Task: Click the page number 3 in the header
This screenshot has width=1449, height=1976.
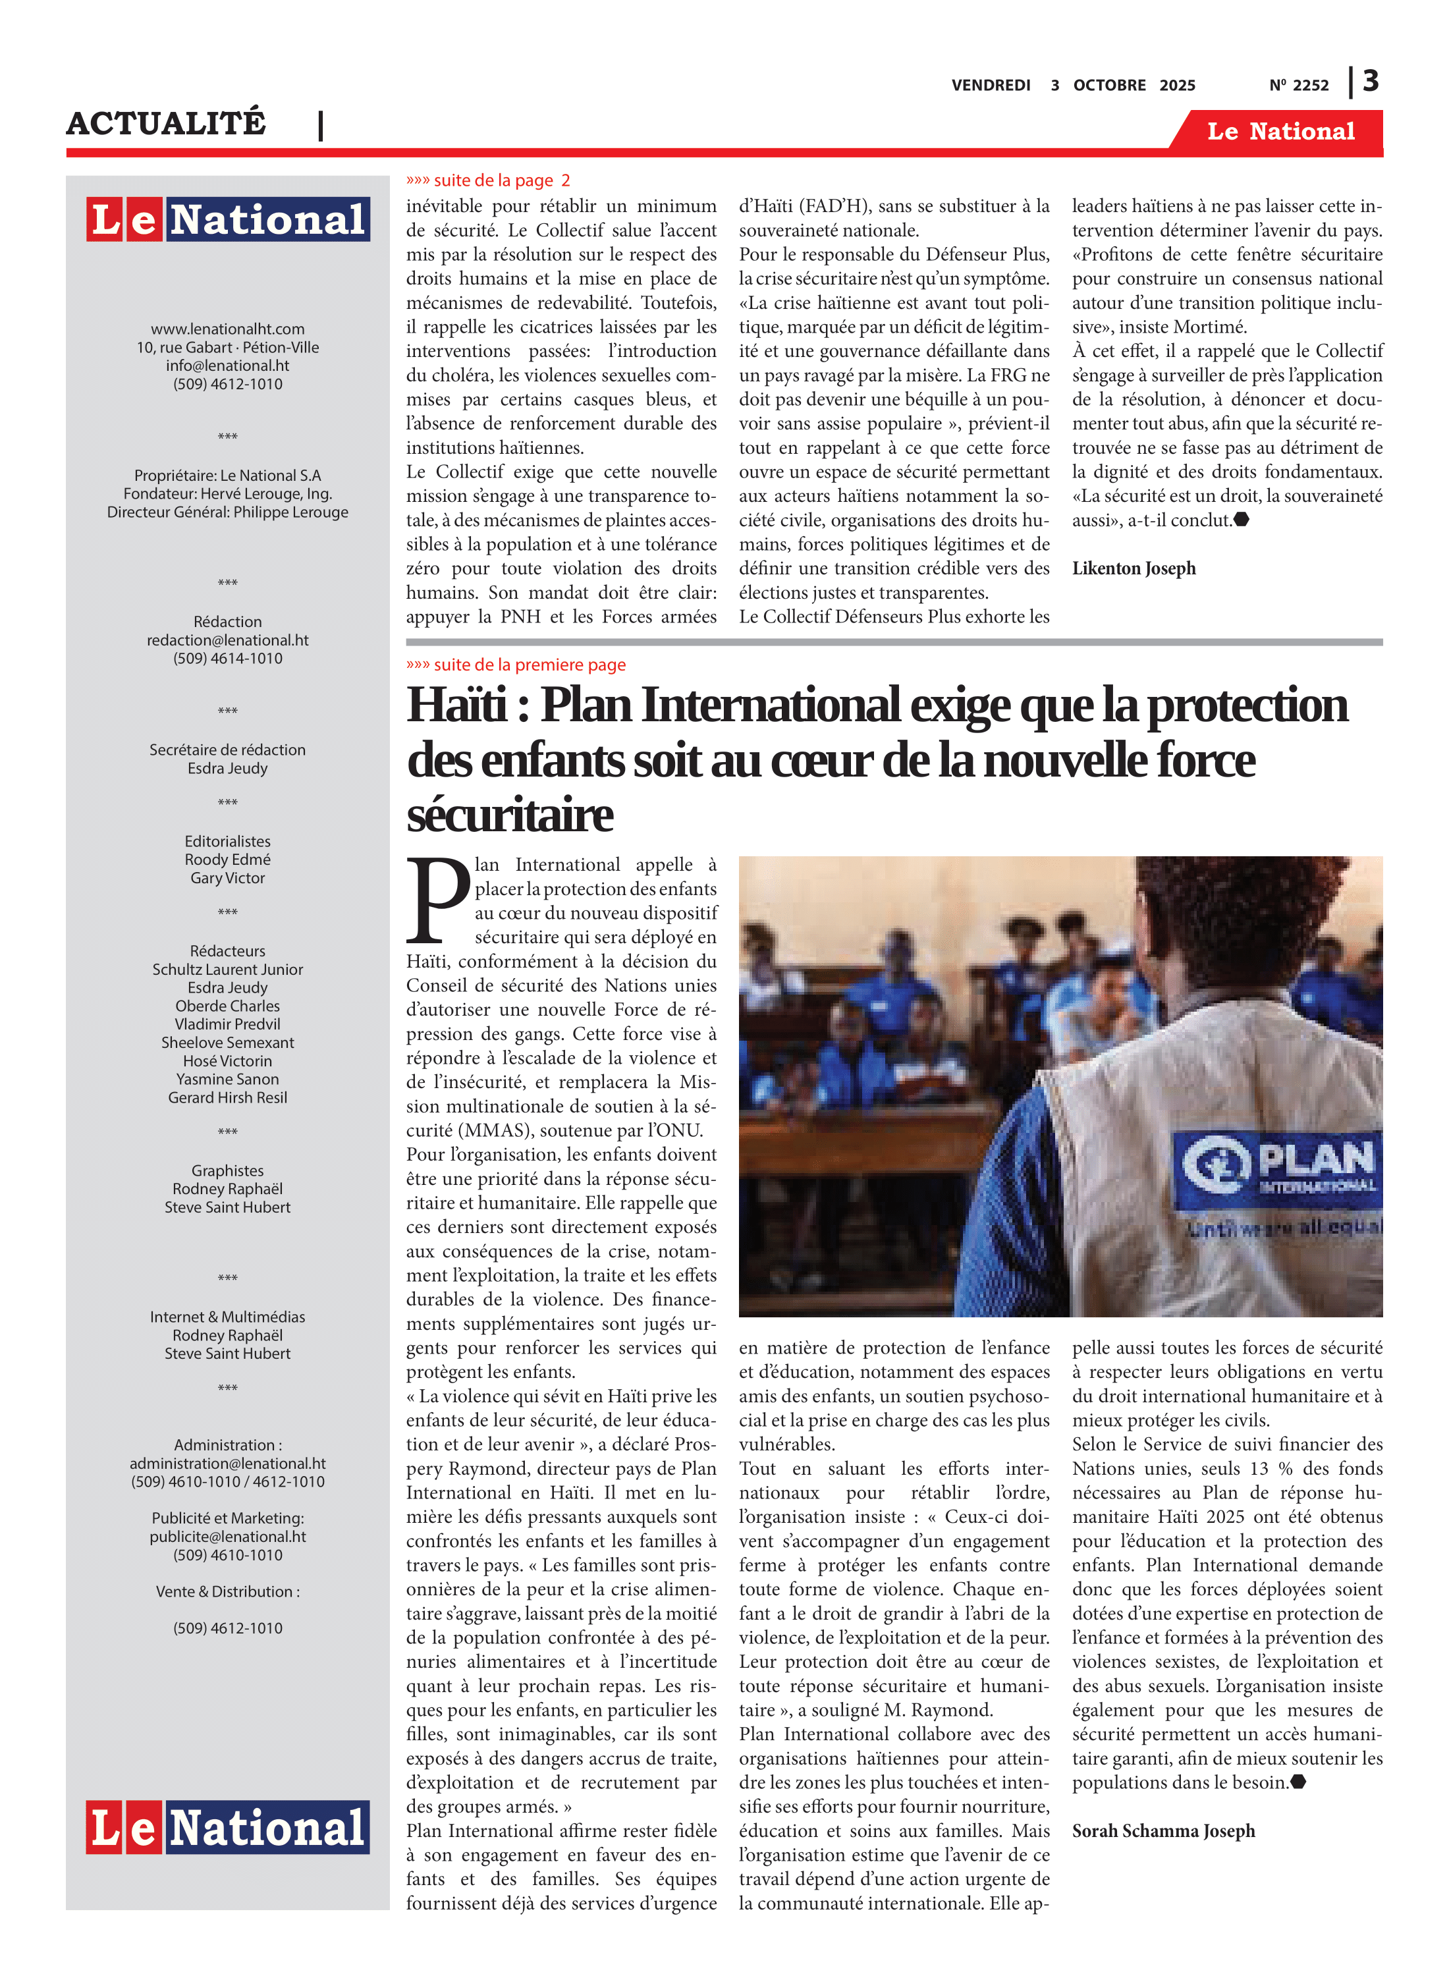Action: coord(1371,82)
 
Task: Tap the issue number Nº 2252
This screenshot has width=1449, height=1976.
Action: coord(1298,85)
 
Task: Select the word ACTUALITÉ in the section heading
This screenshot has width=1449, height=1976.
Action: coord(166,124)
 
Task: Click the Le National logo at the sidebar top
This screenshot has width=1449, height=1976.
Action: coord(227,219)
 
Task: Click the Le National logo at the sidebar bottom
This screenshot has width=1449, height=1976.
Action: coord(227,1827)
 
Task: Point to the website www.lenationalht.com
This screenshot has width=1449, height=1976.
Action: coord(227,329)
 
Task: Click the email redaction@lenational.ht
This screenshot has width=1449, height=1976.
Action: coord(227,640)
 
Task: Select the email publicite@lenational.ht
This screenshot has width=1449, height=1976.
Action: coord(227,1537)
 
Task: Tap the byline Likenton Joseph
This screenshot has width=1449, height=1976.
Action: coord(1134,568)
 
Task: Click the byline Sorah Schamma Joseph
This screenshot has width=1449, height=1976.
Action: coord(1163,1830)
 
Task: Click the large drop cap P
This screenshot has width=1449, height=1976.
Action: coord(438,898)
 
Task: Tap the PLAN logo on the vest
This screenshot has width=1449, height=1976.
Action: coord(1280,1165)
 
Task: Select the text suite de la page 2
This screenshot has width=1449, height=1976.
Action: coord(501,180)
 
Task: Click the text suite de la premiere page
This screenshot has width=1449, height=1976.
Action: coord(529,665)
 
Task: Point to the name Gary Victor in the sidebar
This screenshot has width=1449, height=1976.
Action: coord(227,878)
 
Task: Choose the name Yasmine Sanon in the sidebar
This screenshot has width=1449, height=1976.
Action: coord(227,1079)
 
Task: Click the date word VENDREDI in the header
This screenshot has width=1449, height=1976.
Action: coord(991,85)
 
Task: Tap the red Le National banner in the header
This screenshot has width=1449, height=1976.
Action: coord(1280,132)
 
